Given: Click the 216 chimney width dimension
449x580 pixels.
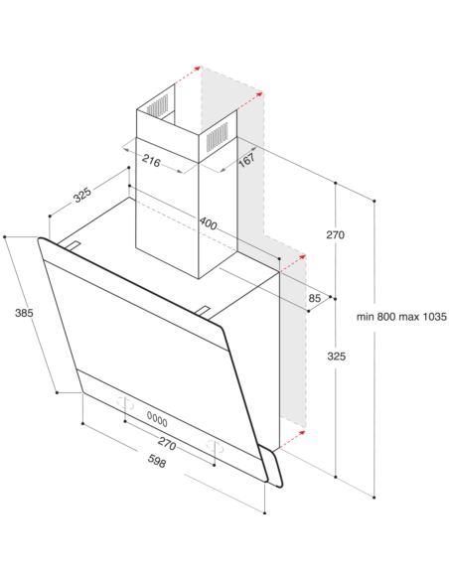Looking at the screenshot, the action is (151, 162).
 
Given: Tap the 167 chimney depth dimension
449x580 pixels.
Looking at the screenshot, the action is (246, 160).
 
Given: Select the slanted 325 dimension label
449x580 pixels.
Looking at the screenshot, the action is (82, 195).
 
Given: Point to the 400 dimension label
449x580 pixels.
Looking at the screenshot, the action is (208, 223).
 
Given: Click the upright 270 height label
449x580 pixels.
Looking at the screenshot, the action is (335, 235).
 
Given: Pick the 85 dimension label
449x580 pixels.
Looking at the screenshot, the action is (314, 298).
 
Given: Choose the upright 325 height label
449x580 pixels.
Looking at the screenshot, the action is (336, 357).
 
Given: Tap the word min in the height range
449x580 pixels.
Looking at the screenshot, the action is (366, 317).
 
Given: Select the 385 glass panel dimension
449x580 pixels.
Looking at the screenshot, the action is (24, 313).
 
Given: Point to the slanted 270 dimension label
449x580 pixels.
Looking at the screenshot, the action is (167, 443).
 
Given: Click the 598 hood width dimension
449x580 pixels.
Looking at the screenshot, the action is (157, 461).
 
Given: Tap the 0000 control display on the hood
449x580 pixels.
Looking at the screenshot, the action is (157, 419).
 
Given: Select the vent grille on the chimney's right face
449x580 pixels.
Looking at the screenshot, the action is (218, 137).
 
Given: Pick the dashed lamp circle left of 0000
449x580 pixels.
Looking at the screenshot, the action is (125, 403).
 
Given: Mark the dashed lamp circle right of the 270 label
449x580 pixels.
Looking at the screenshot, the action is (215, 447).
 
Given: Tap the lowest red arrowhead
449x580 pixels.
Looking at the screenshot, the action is (302, 433).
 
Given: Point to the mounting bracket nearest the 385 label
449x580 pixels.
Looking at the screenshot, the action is (73, 245).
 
